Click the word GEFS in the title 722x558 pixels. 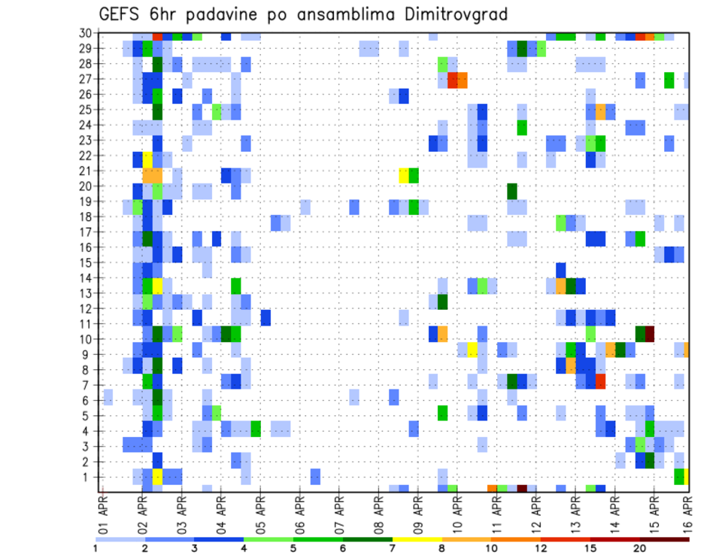119,14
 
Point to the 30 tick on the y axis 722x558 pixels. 87,33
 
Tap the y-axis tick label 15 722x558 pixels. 87,262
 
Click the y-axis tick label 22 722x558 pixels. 87,156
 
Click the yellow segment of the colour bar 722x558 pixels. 417,539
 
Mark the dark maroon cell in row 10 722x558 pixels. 650,333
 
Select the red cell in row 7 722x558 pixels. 600,381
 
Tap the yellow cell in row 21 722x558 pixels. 404,175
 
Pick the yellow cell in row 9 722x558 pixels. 472,350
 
